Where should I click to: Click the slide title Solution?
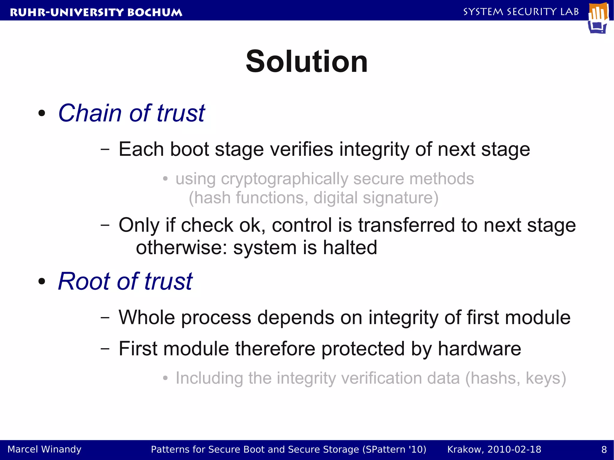click(x=307, y=62)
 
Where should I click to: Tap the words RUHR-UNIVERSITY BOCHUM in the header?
click(x=96, y=12)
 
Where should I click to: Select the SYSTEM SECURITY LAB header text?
click(x=521, y=12)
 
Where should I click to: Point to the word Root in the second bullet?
click(x=84, y=281)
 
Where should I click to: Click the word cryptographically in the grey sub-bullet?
click(x=284, y=179)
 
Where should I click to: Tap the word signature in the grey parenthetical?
click(x=400, y=198)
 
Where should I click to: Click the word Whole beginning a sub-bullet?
click(x=147, y=317)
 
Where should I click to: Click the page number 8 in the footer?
click(x=604, y=450)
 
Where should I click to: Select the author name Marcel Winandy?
click(x=44, y=449)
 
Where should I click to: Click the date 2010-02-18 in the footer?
click(x=514, y=450)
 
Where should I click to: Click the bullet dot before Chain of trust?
click(x=42, y=114)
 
